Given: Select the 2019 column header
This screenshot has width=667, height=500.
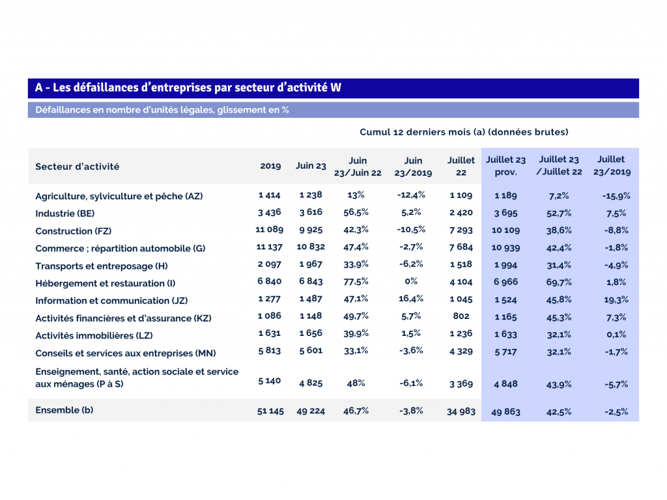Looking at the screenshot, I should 270,166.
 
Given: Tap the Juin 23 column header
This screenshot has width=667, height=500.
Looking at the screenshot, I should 311,166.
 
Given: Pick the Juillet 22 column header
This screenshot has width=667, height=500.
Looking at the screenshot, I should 461,166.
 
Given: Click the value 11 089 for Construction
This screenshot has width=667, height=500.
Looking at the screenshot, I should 269,230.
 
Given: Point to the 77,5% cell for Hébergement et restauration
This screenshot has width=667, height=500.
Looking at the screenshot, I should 356,282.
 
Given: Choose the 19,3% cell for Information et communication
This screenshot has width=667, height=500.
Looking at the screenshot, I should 616,300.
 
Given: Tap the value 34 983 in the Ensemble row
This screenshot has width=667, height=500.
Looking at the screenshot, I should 462,411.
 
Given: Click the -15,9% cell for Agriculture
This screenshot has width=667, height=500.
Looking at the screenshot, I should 616,195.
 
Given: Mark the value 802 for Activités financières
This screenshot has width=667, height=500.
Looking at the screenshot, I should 461,317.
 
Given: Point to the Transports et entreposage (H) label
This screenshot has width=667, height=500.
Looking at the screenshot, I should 102,266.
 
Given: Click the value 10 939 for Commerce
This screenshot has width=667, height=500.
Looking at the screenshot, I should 505,248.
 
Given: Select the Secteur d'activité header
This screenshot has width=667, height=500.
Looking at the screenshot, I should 78,166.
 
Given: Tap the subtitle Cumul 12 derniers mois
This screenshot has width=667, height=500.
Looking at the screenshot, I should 464,132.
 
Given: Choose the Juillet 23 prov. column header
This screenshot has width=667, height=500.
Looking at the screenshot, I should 505,166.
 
